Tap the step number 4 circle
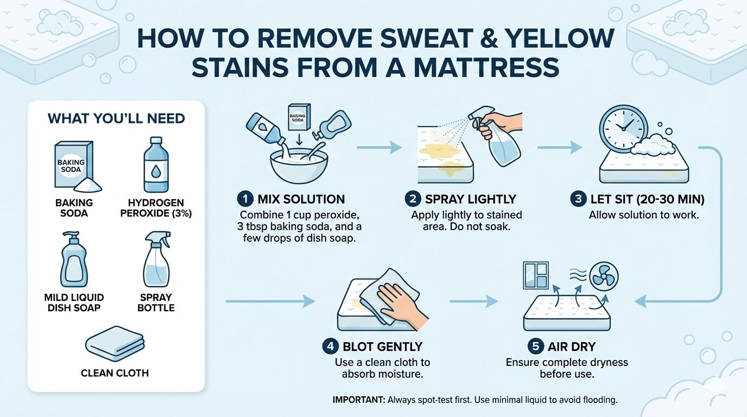coord(331,346)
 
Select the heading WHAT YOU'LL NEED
coord(116,118)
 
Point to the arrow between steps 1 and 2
coord(379,147)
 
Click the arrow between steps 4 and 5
coord(473,301)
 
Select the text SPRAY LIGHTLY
coord(470,199)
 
